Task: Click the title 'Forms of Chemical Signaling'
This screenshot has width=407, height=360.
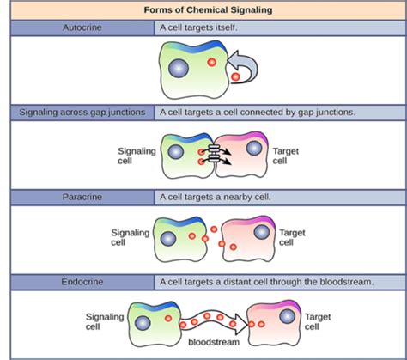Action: click(x=208, y=10)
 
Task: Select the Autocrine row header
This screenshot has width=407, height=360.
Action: click(x=82, y=27)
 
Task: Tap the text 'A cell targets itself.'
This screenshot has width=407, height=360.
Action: click(x=198, y=27)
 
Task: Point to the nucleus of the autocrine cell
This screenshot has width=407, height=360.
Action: click(x=179, y=69)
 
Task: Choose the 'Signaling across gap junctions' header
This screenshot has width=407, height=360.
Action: click(x=82, y=113)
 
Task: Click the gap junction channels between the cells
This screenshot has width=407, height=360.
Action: click(x=214, y=154)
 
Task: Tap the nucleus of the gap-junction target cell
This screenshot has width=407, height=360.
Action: click(x=254, y=149)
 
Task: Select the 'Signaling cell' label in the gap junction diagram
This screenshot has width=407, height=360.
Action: click(x=137, y=156)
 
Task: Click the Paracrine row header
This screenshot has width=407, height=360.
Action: click(x=82, y=197)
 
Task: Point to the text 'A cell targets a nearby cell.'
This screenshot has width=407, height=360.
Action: click(x=216, y=197)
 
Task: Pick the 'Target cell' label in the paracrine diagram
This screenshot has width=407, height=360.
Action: click(x=292, y=237)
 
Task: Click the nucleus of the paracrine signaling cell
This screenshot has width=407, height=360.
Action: click(x=168, y=239)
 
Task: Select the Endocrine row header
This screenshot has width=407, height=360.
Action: click(x=82, y=282)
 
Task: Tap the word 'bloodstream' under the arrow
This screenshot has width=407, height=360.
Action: click(x=214, y=342)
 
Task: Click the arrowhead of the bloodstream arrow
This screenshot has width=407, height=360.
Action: click(x=242, y=324)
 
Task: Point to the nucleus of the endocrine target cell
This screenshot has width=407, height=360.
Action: click(x=287, y=316)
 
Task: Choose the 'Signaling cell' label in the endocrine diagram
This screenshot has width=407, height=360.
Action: click(x=105, y=322)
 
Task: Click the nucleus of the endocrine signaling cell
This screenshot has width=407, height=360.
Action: click(x=143, y=323)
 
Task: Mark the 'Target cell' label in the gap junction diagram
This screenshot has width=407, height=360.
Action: click(x=286, y=156)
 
